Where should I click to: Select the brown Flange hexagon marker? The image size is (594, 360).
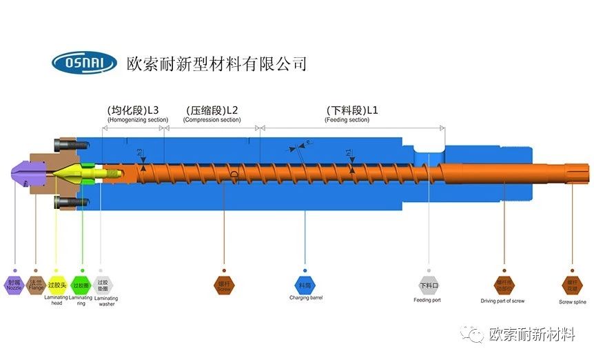(x=37, y=284)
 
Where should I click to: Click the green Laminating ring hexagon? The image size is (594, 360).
(x=81, y=284)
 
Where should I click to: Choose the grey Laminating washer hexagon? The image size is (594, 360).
(x=103, y=284)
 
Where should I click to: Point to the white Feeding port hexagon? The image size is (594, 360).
(x=428, y=284)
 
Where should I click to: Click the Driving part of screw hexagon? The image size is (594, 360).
(x=504, y=284)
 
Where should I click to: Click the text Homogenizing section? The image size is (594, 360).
(x=137, y=120)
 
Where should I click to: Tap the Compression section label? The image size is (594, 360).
(x=212, y=120)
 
